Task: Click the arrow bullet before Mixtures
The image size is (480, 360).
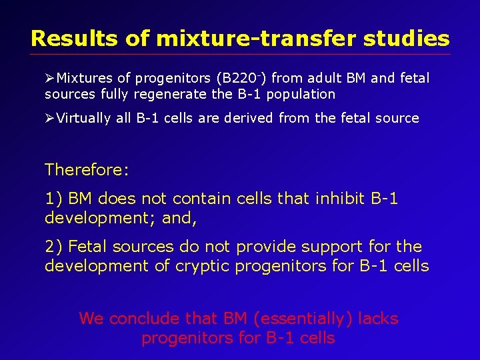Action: click(x=50, y=79)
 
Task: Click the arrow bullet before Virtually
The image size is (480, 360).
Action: click(x=50, y=119)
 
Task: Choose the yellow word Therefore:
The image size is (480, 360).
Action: click(x=87, y=170)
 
